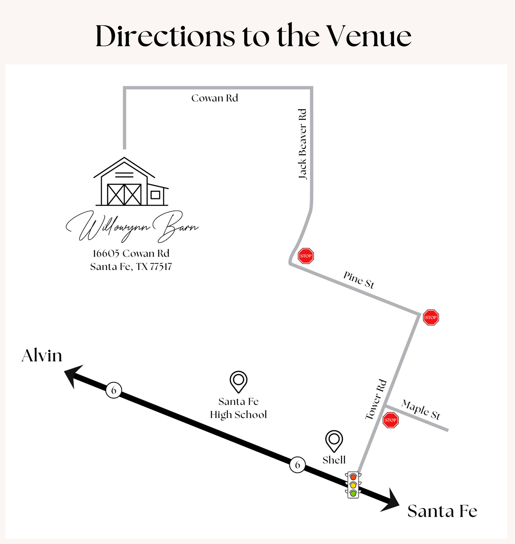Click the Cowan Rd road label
point(215,98)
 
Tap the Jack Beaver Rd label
point(302,144)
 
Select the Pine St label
point(359,280)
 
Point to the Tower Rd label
point(376,400)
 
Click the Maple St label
point(421,409)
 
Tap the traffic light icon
point(353,485)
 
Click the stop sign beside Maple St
point(391,420)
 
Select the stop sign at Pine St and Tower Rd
point(431,317)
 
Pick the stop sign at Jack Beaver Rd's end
point(306,256)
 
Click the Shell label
point(334,460)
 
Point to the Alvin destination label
point(42,356)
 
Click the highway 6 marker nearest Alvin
point(114,390)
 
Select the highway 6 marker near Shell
point(297,465)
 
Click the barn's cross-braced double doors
point(124,195)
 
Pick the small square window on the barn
point(156,195)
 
